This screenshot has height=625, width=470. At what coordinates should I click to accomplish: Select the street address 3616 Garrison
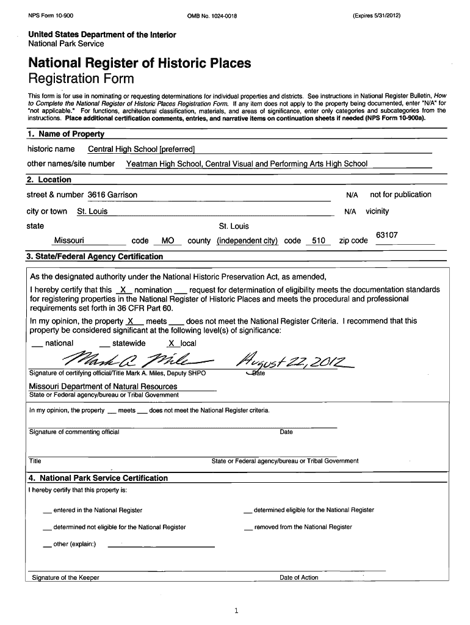click(x=112, y=195)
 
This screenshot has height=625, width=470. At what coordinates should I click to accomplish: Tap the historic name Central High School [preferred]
click(x=142, y=150)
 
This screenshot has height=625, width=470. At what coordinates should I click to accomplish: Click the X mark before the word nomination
click(x=123, y=289)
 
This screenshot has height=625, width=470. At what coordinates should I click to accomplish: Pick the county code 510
click(x=318, y=240)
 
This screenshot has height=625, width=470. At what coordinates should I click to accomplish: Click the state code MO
click(x=167, y=240)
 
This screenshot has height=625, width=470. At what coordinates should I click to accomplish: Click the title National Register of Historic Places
click(x=139, y=63)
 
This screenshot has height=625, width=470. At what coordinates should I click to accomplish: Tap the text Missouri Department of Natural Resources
click(x=103, y=386)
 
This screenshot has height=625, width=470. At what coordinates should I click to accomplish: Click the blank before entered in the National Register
click(x=48, y=511)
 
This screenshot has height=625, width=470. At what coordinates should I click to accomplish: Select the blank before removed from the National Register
click(x=248, y=528)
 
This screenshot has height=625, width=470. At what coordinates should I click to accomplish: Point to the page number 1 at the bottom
click(x=235, y=610)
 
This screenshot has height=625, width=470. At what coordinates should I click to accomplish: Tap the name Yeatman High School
click(x=163, y=164)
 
